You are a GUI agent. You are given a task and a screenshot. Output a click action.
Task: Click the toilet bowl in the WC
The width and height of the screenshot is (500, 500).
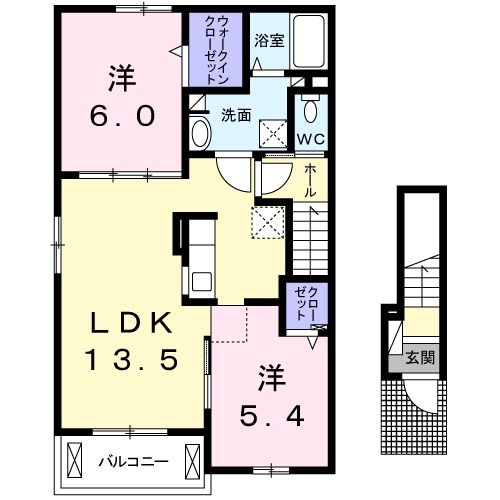click(309, 109)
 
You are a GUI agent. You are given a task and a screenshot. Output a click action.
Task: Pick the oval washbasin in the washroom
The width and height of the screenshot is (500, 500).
click(199, 132)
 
